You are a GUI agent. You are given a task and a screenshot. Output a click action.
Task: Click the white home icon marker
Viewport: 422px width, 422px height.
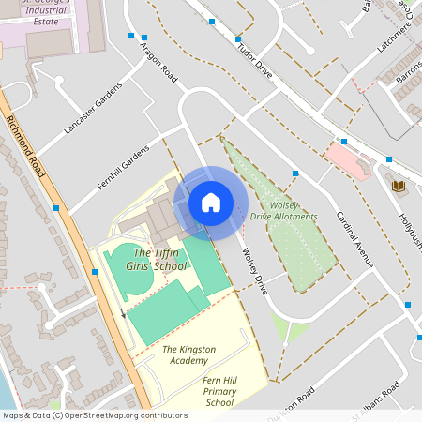(x=211, y=203)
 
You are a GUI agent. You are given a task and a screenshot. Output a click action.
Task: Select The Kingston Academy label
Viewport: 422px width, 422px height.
(x=190, y=354)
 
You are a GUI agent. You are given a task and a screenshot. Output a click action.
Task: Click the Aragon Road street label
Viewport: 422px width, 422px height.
(x=158, y=62)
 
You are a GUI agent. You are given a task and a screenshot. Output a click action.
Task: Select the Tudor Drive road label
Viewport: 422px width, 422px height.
(x=255, y=63)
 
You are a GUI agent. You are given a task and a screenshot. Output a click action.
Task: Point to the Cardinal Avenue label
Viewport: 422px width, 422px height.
(x=354, y=238)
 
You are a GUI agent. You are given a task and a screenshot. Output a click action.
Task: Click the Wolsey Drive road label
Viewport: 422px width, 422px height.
(x=254, y=271)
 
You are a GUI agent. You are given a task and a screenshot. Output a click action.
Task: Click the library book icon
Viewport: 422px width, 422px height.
(x=397, y=186)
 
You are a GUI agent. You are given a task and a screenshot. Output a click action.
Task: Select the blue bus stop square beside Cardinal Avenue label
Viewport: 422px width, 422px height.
(x=294, y=173)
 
